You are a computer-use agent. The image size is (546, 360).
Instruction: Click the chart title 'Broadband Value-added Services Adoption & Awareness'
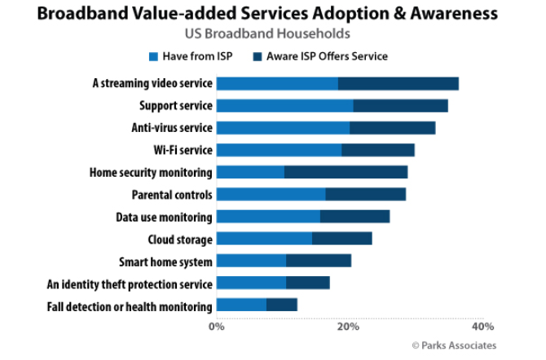[273, 15]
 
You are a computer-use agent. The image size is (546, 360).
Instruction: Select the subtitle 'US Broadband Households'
[273, 34]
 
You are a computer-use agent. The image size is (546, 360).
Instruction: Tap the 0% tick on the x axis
[217, 326]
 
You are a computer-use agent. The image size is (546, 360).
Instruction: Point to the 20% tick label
[349, 326]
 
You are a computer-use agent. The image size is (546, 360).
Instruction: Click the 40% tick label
[482, 326]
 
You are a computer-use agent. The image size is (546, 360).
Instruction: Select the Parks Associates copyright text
[453, 345]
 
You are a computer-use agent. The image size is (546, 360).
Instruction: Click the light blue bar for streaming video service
[277, 84]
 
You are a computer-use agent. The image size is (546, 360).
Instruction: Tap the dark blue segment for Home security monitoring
[346, 173]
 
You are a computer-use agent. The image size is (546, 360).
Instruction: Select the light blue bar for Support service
[284, 106]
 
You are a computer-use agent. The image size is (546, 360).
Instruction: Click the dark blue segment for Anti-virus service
[392, 128]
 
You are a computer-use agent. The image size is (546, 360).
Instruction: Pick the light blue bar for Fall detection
[241, 305]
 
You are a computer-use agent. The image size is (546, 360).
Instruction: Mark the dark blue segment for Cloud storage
[341, 239]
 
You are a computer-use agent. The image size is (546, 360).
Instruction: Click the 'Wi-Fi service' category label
[183, 151]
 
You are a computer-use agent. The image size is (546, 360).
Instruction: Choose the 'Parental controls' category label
[172, 195]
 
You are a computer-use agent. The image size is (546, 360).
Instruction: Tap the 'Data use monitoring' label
[164, 217]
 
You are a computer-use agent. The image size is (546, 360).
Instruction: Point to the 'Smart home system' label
[165, 261]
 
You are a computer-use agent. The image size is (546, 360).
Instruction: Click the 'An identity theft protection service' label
[130, 284]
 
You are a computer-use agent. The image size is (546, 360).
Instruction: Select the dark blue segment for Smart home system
[318, 261]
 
